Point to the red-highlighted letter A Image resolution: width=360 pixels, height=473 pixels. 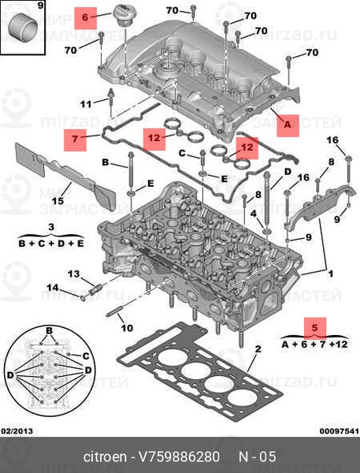287,123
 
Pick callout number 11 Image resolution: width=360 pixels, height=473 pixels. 86,103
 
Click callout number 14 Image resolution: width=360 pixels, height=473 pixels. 52,287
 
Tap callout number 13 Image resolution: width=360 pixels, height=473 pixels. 73,274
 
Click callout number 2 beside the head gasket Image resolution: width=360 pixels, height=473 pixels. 258,348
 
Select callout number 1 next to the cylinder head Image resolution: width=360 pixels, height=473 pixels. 331,274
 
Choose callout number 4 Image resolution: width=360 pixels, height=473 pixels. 253,213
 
